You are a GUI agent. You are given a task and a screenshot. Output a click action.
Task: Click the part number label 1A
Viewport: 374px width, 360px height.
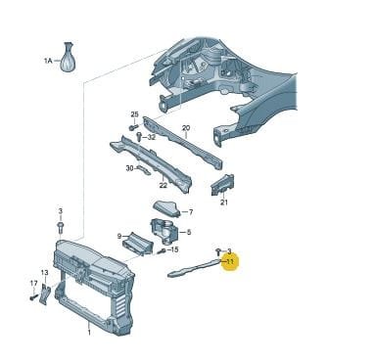(48, 61)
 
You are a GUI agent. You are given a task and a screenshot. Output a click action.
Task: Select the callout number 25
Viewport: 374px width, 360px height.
(135, 114)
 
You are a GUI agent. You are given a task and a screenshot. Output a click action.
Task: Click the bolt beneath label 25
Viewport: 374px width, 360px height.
(133, 126)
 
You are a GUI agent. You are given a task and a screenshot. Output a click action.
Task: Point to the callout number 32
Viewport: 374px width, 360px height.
(152, 137)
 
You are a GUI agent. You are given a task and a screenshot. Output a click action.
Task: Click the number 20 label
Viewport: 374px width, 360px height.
(186, 128)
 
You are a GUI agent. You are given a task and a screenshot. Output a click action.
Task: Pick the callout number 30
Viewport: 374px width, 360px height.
(130, 168)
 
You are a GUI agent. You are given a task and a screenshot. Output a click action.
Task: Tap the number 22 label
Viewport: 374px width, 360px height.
(164, 185)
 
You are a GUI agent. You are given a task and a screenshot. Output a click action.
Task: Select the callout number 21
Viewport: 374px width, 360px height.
(223, 202)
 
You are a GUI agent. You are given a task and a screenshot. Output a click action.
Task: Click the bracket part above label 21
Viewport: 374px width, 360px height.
(222, 185)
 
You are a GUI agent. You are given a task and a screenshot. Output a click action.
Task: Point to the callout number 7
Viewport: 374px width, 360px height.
(191, 212)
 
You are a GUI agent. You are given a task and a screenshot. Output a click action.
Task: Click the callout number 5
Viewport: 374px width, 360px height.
(189, 232)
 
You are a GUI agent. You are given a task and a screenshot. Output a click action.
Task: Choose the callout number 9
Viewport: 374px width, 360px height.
(119, 236)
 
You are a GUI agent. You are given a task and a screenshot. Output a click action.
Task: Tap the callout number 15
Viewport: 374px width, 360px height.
(174, 249)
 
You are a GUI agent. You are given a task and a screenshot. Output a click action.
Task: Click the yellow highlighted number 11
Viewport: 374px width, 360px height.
(230, 261)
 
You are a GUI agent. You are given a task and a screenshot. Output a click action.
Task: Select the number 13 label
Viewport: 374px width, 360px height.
(44, 272)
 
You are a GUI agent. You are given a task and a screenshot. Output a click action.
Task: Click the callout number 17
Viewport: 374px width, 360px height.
(33, 284)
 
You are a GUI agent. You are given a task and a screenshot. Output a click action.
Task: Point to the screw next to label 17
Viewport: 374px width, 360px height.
(33, 297)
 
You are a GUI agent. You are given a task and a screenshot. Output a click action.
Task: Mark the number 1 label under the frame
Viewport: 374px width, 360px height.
(89, 333)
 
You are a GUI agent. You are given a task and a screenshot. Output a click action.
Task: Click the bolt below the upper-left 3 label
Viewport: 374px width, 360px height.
(61, 226)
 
